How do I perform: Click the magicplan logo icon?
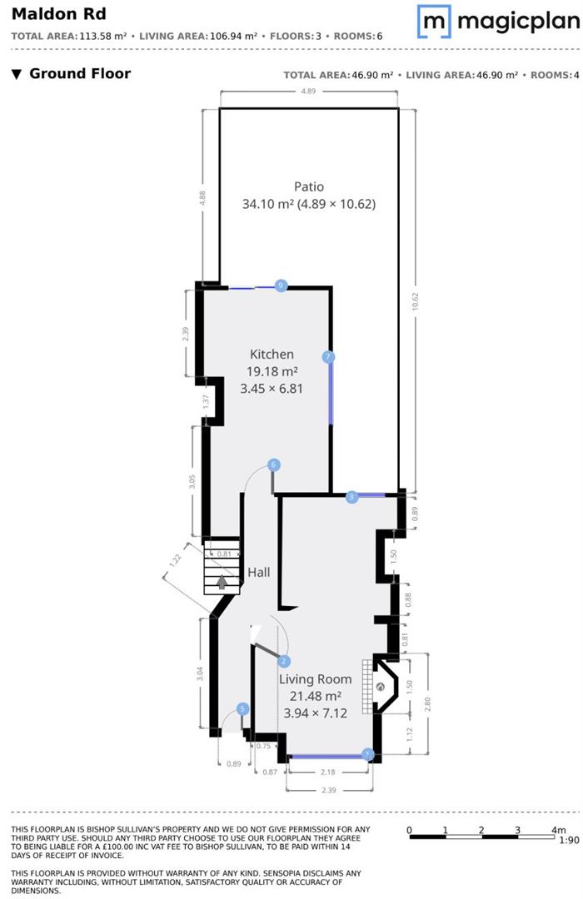pyautogui.click(x=434, y=21)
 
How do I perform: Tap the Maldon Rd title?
pyautogui.click(x=58, y=14)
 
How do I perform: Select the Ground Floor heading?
pyautogui.click(x=80, y=73)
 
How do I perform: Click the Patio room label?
pyautogui.click(x=309, y=186)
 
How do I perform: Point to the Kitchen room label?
pyautogui.click(x=272, y=355)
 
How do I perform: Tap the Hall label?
pyautogui.click(x=259, y=572)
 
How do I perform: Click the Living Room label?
pyautogui.click(x=315, y=679)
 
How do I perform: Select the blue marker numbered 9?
pyautogui.click(x=281, y=285)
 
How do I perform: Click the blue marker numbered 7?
pyautogui.click(x=328, y=357)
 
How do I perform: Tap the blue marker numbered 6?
pyautogui.click(x=274, y=464)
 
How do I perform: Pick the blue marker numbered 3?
pyautogui.click(x=351, y=497)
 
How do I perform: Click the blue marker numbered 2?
pyautogui.click(x=283, y=662)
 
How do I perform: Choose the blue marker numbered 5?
pyautogui.click(x=242, y=709)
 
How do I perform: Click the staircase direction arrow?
pyautogui.click(x=222, y=583)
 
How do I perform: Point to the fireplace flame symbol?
pyautogui.click(x=380, y=686)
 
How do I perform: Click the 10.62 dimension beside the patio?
pyautogui.click(x=415, y=301)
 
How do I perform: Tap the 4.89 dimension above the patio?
pyautogui.click(x=309, y=92)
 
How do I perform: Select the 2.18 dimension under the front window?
pyautogui.click(x=327, y=772)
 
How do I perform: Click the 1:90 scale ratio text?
pyautogui.click(x=569, y=840)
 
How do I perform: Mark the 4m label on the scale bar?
pyautogui.click(x=558, y=830)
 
